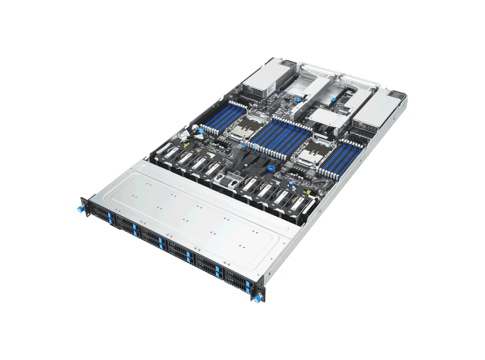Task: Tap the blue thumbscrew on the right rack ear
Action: [258, 298]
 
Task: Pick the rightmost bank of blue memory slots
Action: [351, 153]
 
